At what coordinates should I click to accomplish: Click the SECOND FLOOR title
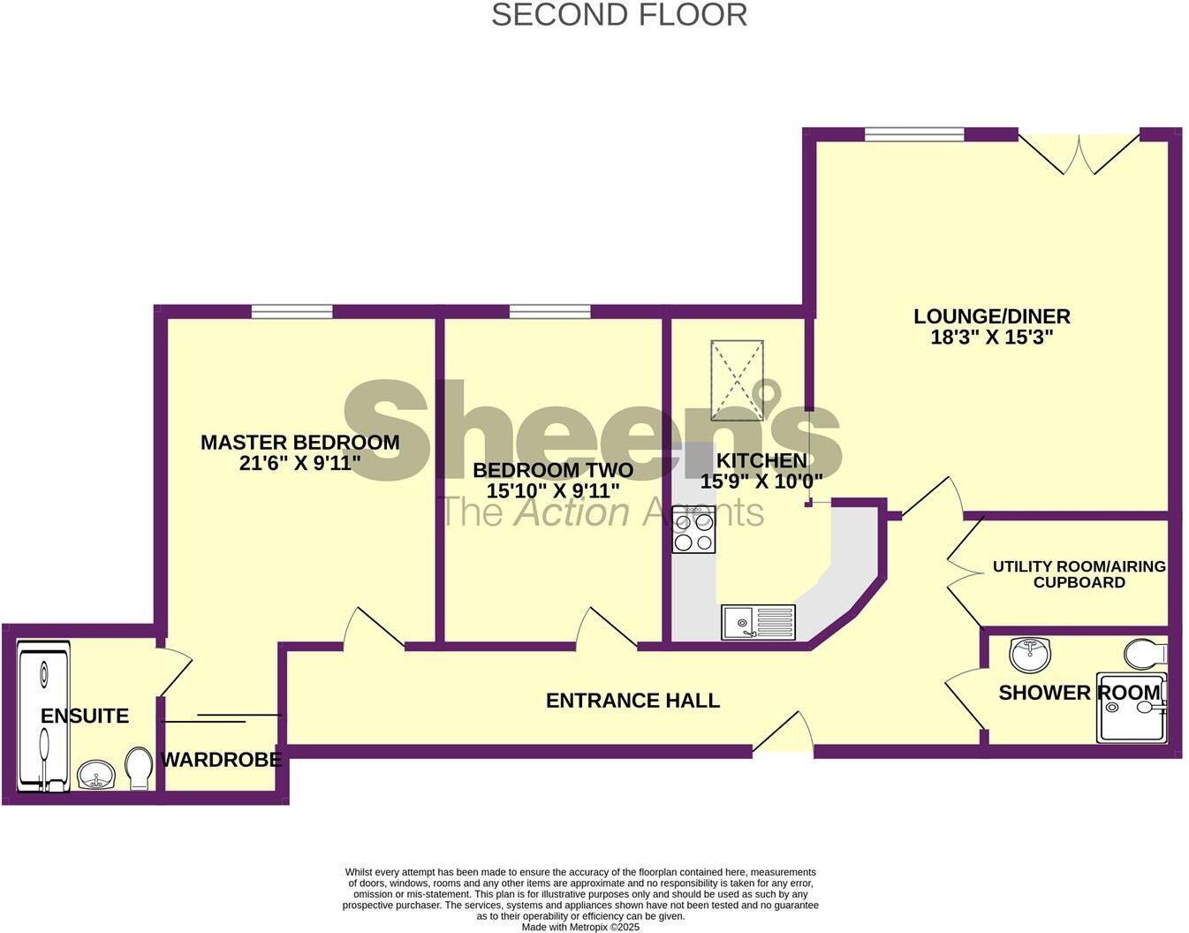pos(619,15)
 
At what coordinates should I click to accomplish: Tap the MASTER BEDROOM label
pos(299,442)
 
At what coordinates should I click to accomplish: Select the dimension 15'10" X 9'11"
pos(553,491)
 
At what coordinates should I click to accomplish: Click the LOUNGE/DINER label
pos(991,316)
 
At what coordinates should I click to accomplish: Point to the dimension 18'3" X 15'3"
pos(992,338)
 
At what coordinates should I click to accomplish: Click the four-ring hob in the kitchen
pos(693,530)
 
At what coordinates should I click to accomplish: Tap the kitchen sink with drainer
pos(758,622)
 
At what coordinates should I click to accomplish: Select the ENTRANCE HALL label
pos(632,701)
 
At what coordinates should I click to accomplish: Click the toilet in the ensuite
pos(139,769)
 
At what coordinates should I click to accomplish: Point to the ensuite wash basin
pos(95,776)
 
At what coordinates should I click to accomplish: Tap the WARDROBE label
pos(221,759)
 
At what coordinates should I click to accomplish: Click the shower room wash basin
pos(1029,654)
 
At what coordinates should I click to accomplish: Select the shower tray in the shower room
pos(1131,709)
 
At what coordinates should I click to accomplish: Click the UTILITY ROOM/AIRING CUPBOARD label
pos(1079,574)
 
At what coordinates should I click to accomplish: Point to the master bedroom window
pos(292,311)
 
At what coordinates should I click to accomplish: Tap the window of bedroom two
pos(549,311)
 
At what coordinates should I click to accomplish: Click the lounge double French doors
pos(1079,152)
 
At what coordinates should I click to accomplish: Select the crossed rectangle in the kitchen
pos(736,380)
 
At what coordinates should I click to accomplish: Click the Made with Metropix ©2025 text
pos(580,927)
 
